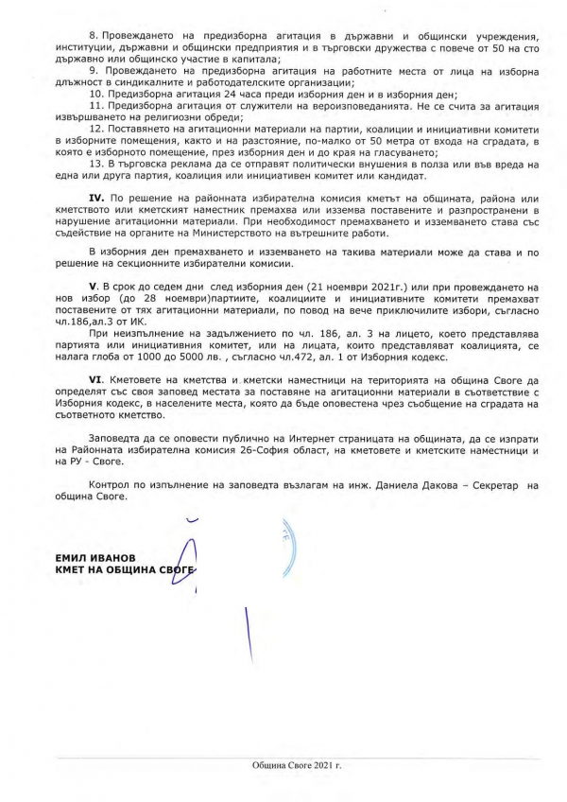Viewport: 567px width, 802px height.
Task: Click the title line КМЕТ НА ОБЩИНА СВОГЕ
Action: [123, 571]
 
